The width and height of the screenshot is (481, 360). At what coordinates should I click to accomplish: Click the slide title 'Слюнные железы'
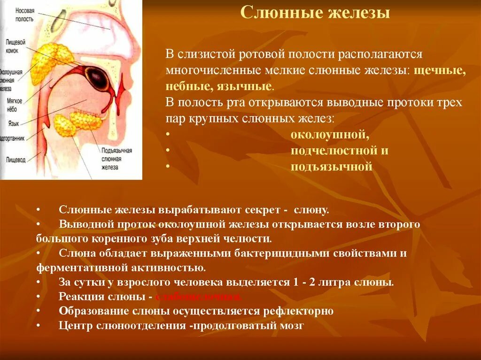pos(315,14)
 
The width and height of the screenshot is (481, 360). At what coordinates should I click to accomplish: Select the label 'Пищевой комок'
pos(18,45)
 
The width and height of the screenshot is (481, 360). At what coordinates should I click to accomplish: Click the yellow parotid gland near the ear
pos(49,61)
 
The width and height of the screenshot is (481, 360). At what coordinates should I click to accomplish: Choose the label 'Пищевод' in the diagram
pos(16,160)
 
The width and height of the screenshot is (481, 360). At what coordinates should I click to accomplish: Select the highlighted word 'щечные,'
pos(441,70)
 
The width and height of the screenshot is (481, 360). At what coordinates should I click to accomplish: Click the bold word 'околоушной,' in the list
pos(330,135)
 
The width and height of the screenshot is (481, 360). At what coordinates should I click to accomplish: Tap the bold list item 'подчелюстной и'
pos(339,151)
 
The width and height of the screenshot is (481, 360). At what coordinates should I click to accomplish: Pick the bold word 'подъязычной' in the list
pos(331,167)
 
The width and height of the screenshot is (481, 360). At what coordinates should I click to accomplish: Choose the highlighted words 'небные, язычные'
pos(218,86)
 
